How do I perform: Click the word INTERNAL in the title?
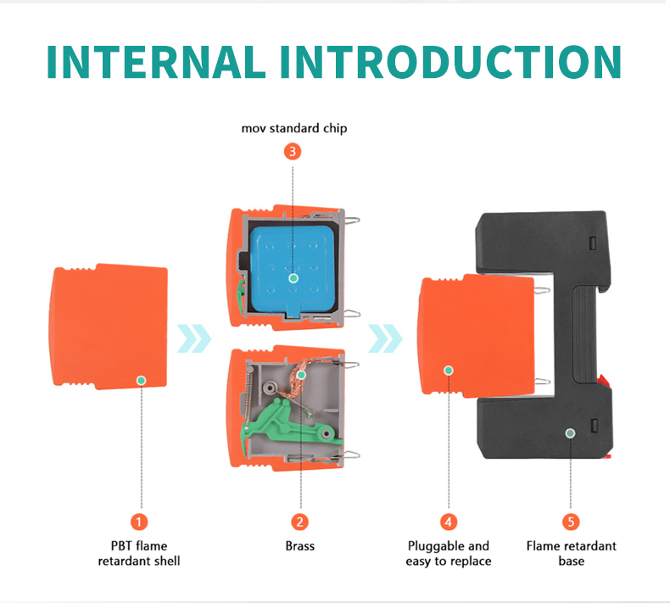coord(156,62)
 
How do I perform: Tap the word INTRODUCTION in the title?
coord(450,62)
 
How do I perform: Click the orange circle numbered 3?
coord(293,152)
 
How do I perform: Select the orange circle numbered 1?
coord(139,522)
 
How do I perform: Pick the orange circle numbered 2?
coord(300,522)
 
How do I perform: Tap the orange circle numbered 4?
coord(449,522)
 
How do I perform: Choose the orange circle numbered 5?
coord(572,522)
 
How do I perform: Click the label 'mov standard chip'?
coord(294,128)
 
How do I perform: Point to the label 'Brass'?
coord(300,545)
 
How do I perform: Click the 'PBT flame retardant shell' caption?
coord(139,554)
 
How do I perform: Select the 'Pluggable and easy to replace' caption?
coord(449,554)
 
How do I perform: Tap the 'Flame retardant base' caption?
coord(572,554)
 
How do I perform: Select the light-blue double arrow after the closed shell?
coord(194,338)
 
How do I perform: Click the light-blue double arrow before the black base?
coord(385,338)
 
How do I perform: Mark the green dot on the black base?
coord(571,433)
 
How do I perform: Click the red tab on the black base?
coord(603,380)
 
